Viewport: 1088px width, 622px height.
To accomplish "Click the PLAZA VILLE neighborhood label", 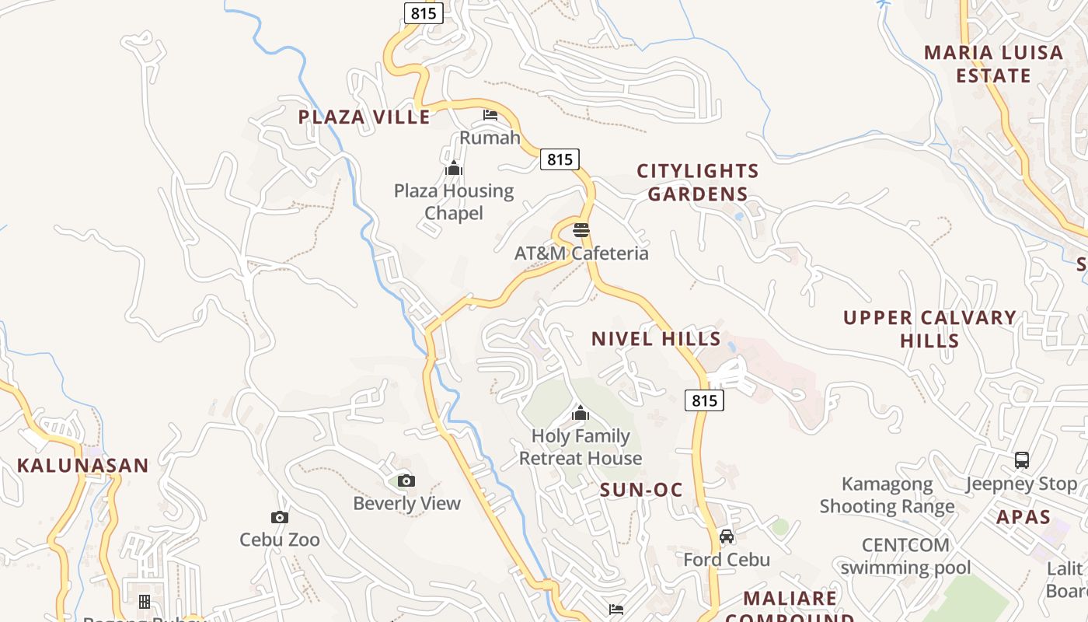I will click(x=364, y=117).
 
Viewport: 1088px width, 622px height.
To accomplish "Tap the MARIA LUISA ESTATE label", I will click(x=993, y=65).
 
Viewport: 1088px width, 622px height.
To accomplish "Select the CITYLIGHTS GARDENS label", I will click(x=698, y=183).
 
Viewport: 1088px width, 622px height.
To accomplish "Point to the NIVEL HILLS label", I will click(x=657, y=339).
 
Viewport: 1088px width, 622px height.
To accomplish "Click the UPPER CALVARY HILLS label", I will click(x=930, y=329).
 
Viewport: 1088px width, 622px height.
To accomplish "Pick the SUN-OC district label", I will click(x=641, y=490).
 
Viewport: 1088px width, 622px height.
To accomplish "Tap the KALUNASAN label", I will click(x=83, y=466).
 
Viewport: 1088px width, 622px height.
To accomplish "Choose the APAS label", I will click(x=1023, y=517).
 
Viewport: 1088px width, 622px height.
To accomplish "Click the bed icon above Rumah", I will click(x=490, y=115).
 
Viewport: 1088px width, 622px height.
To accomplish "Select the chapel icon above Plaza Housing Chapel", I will click(x=454, y=168).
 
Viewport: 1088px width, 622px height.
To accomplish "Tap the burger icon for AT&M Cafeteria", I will click(x=581, y=230).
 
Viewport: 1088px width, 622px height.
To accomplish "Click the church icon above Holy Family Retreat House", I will click(x=581, y=413).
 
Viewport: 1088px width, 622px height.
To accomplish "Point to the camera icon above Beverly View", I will click(x=406, y=480).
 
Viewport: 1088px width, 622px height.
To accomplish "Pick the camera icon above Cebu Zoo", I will click(x=280, y=517).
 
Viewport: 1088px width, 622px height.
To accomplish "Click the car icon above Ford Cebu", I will click(x=727, y=536).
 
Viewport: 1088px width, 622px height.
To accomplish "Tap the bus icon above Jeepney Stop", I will click(x=1022, y=460).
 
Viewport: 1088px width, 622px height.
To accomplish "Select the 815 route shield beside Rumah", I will click(x=560, y=159).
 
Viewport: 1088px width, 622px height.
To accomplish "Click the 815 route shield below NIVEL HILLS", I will click(x=704, y=400).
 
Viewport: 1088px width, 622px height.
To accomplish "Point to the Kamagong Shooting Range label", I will click(x=887, y=496).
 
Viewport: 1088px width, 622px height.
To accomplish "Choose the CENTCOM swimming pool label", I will click(x=905, y=556).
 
